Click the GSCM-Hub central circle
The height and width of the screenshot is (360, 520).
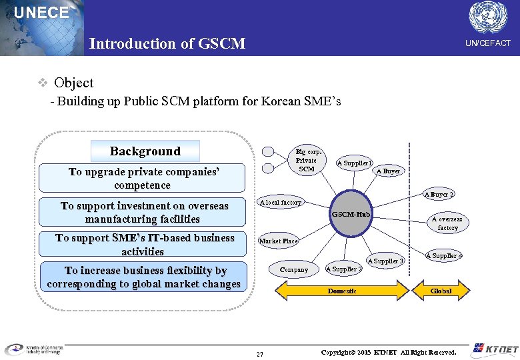tap(351, 215)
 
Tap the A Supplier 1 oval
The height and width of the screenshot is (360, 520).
tap(355, 163)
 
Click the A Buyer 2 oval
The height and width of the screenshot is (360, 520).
tap(439, 195)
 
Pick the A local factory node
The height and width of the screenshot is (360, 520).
tap(281, 202)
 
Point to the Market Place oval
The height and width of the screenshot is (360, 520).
tap(279, 241)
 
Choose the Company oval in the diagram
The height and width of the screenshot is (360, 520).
tap(294, 270)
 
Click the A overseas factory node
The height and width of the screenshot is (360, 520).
tap(447, 223)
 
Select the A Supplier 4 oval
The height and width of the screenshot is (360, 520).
tap(444, 256)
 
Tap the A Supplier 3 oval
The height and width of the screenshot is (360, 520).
tap(386, 261)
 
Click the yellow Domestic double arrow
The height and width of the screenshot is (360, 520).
tap(342, 291)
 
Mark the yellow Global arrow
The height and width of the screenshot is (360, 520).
tap(441, 291)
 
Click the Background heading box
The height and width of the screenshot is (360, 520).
tap(145, 151)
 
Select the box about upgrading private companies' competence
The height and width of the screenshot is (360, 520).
tap(143, 178)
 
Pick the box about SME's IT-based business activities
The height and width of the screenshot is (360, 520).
tap(143, 244)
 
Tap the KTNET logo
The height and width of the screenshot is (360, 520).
tap(493, 349)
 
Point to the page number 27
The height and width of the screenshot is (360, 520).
tap(260, 354)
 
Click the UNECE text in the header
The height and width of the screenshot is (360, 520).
tap(41, 13)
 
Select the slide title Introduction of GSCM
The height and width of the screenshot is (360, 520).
tap(167, 44)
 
